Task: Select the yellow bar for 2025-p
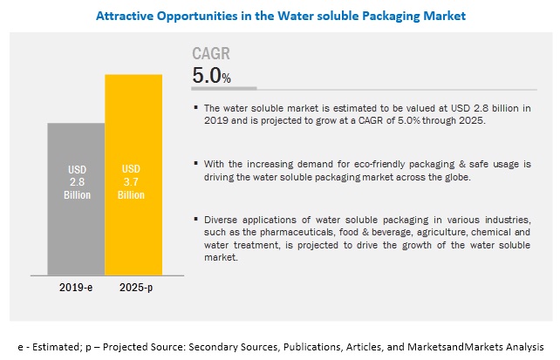click(x=133, y=174)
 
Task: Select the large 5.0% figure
click(x=211, y=77)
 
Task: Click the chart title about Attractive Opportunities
click(x=279, y=15)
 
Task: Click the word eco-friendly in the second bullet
click(x=348, y=163)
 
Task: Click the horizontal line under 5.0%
click(x=224, y=89)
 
